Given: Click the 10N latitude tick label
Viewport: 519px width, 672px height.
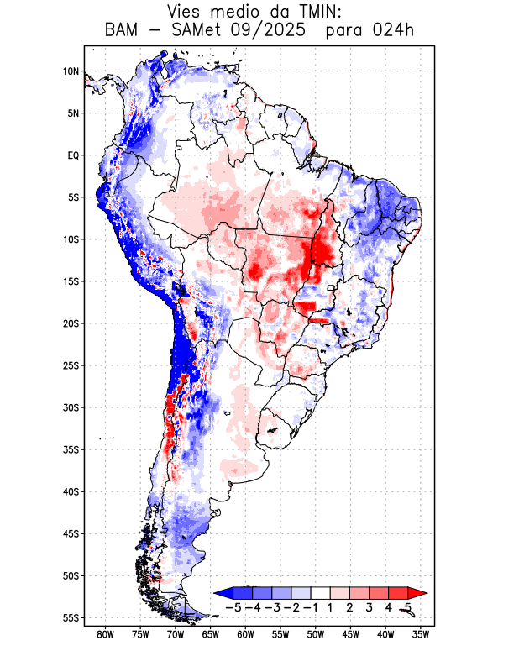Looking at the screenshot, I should (71, 71).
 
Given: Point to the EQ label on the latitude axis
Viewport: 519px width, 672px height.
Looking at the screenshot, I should (72, 155).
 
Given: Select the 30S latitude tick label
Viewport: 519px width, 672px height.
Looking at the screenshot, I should (71, 407).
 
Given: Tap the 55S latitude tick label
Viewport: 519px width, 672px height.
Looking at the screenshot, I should (71, 617).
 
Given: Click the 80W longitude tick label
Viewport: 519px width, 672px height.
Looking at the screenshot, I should (106, 634).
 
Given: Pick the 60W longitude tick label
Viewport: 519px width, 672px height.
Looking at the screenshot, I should (246, 634).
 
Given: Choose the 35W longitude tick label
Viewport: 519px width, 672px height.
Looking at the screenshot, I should (421, 634).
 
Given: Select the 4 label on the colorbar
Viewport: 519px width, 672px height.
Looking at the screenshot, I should (388, 606).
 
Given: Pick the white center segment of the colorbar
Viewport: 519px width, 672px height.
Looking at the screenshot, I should (320, 592).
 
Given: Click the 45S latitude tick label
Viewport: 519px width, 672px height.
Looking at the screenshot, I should (71, 533).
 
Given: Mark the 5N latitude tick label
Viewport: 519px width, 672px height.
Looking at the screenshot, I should (73, 113).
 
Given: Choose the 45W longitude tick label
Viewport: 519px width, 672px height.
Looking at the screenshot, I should (351, 634).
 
